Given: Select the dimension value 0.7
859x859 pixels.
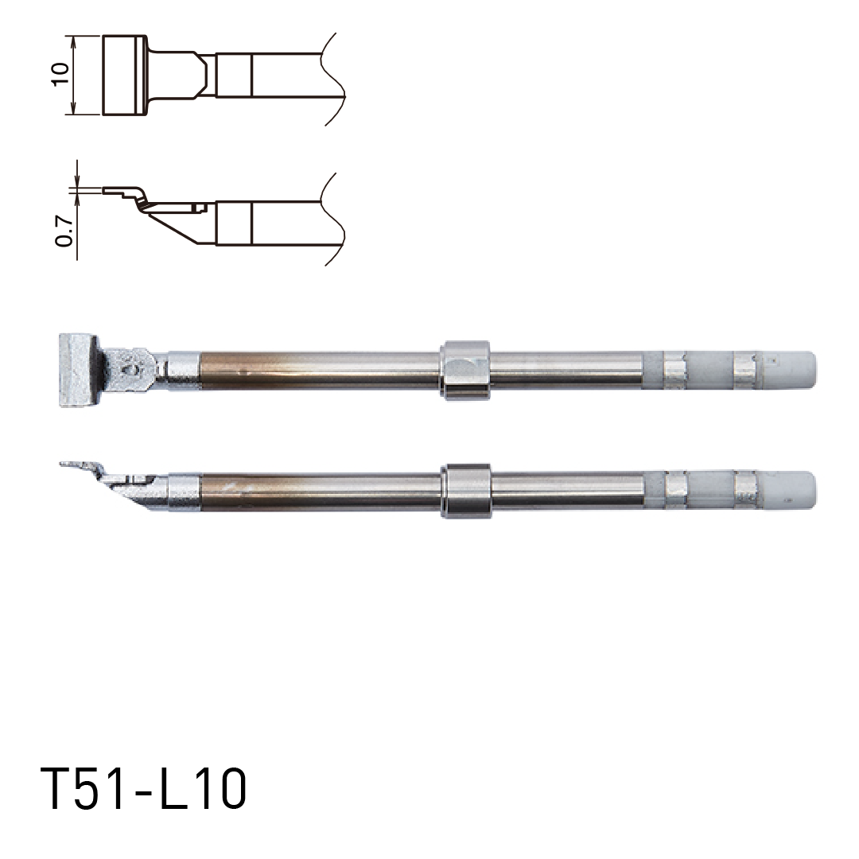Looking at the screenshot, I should click(64, 230).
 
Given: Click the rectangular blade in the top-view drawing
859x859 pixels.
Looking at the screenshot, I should click(123, 75).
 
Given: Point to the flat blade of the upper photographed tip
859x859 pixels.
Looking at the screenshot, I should click(77, 371).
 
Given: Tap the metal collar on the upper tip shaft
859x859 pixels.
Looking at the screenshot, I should click(465, 371).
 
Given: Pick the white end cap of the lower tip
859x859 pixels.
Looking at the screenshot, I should click(795, 491).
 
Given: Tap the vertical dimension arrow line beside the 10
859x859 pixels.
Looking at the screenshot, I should click(73, 75).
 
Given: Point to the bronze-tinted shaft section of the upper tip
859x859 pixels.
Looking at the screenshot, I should click(318, 371).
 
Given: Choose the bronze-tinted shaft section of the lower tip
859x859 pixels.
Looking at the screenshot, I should click(318, 491).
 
